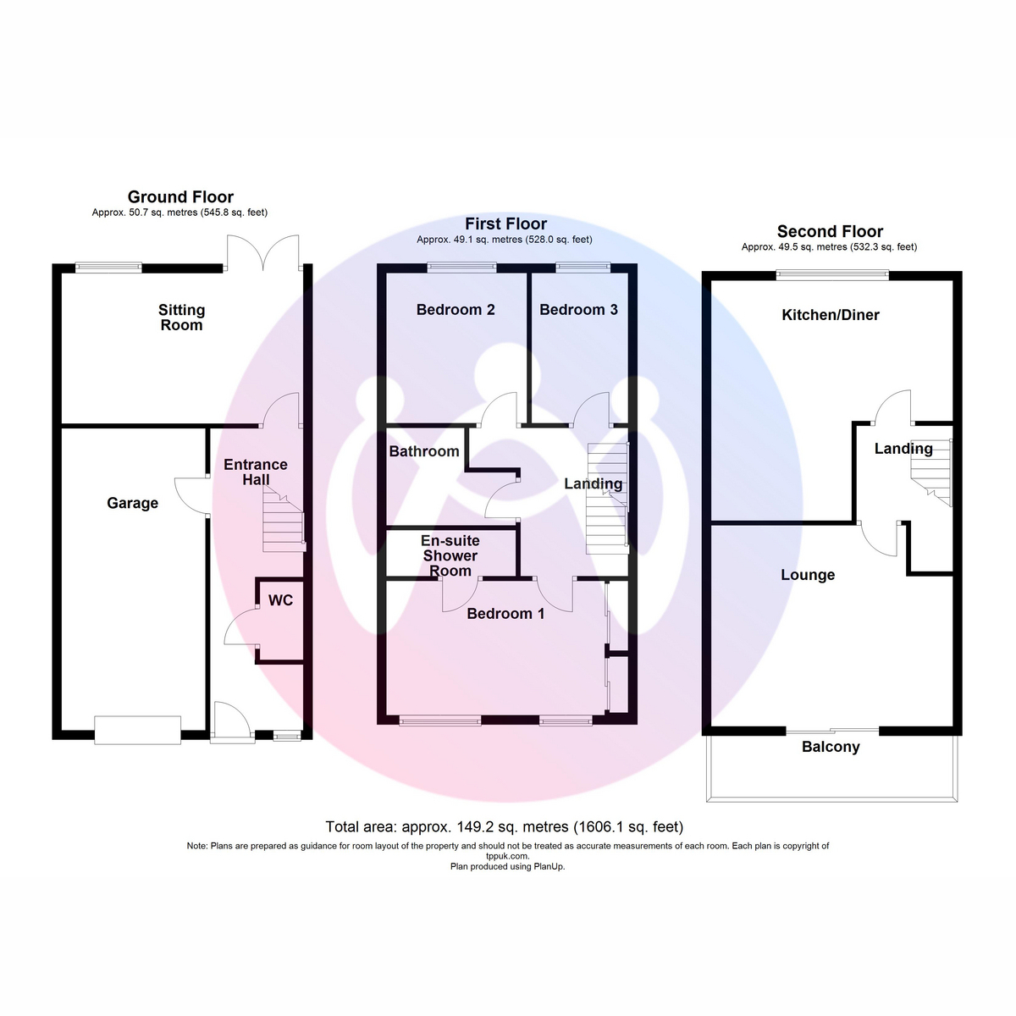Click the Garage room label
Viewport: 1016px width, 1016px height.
(132, 504)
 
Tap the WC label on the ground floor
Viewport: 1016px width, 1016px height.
(280, 600)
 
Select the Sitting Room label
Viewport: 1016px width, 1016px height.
(181, 317)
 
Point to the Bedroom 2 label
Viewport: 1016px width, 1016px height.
(456, 310)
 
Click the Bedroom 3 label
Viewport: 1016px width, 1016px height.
(578, 310)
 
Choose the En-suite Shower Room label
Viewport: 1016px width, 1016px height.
(450, 555)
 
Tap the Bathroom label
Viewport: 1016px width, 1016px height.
(424, 451)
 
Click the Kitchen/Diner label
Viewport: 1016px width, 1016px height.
(831, 315)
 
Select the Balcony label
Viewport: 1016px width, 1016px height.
(831, 747)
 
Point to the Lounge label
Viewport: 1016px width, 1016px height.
(808, 575)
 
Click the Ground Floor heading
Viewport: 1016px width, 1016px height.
(180, 197)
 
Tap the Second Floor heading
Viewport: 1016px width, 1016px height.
(830, 231)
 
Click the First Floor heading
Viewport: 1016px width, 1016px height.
(505, 224)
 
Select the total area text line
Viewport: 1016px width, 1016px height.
(504, 826)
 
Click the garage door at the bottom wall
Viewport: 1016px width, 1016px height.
(138, 730)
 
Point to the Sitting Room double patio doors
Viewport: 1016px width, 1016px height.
(263, 253)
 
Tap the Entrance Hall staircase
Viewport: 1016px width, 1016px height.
(284, 519)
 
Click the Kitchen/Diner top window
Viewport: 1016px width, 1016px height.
(832, 274)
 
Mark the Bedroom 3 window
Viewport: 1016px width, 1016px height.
(583, 268)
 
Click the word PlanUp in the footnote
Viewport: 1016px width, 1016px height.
(549, 866)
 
